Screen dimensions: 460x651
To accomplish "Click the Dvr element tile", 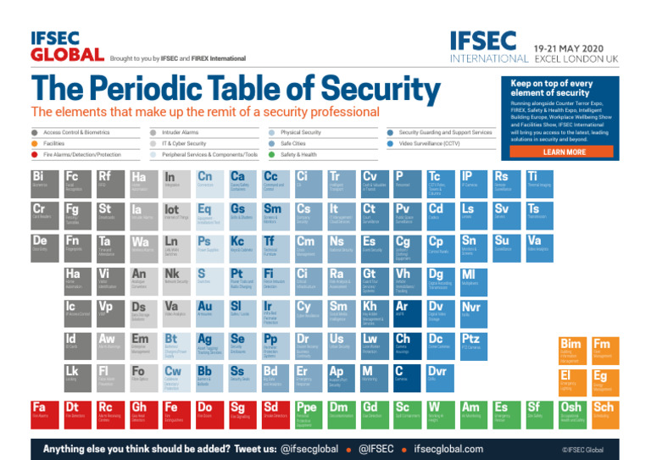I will point(442,376).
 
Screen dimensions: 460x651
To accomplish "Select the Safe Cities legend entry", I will point(292,143).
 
